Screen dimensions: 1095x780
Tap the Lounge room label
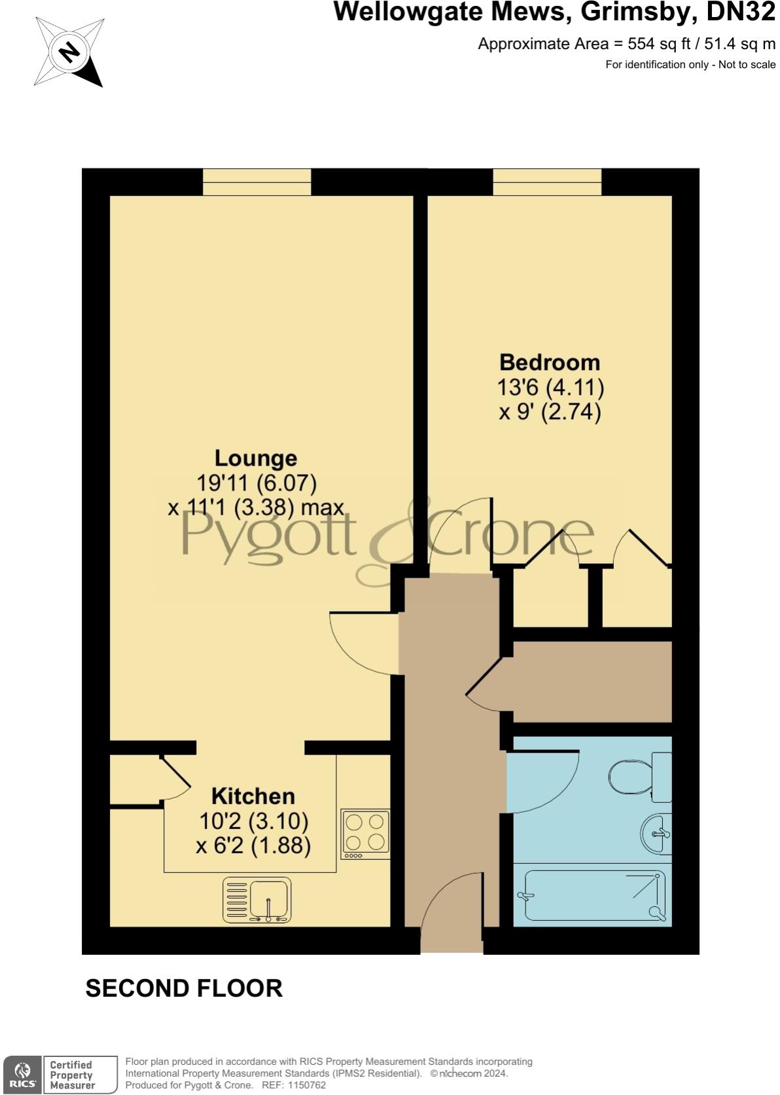256,458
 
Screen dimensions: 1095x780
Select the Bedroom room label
550,362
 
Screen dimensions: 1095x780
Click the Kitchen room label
253,796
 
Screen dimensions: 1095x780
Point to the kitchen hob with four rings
365,834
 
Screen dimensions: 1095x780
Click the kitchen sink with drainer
257,900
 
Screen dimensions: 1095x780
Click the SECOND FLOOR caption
184,988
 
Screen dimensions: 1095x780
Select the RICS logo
23,1075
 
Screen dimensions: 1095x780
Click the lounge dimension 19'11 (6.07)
257,483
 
